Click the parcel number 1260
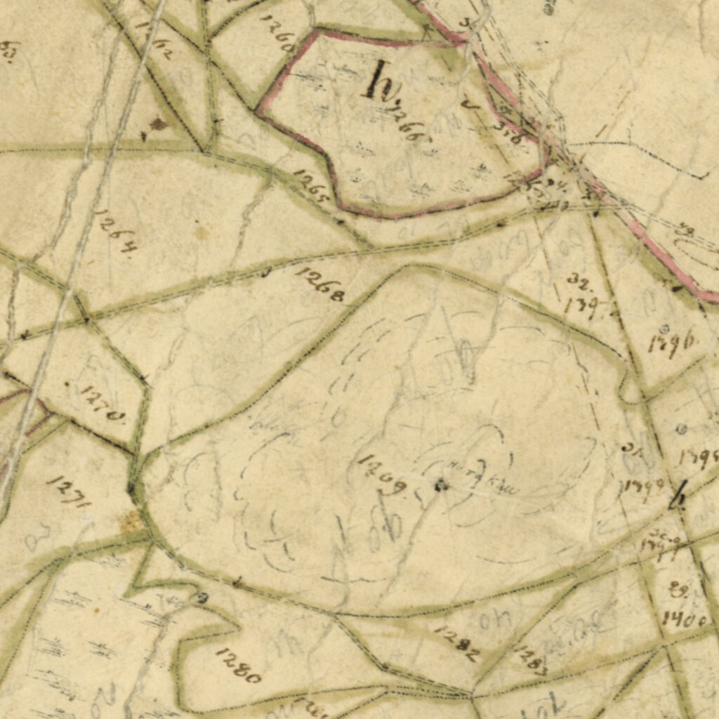pos(277,32)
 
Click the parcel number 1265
pos(310,186)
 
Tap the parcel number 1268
pos(320,284)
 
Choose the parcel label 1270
pos(103,404)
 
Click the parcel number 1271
pos(69,492)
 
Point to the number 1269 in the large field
pos(383,474)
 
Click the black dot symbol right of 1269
pos(441,484)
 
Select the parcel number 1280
pos(239,666)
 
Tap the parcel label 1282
pos(458,644)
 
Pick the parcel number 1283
pos(531,660)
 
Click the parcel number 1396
pos(672,344)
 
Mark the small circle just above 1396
pos(664,328)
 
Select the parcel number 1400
pos(685,619)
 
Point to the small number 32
pos(579,282)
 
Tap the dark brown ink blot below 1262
pos(157,124)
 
